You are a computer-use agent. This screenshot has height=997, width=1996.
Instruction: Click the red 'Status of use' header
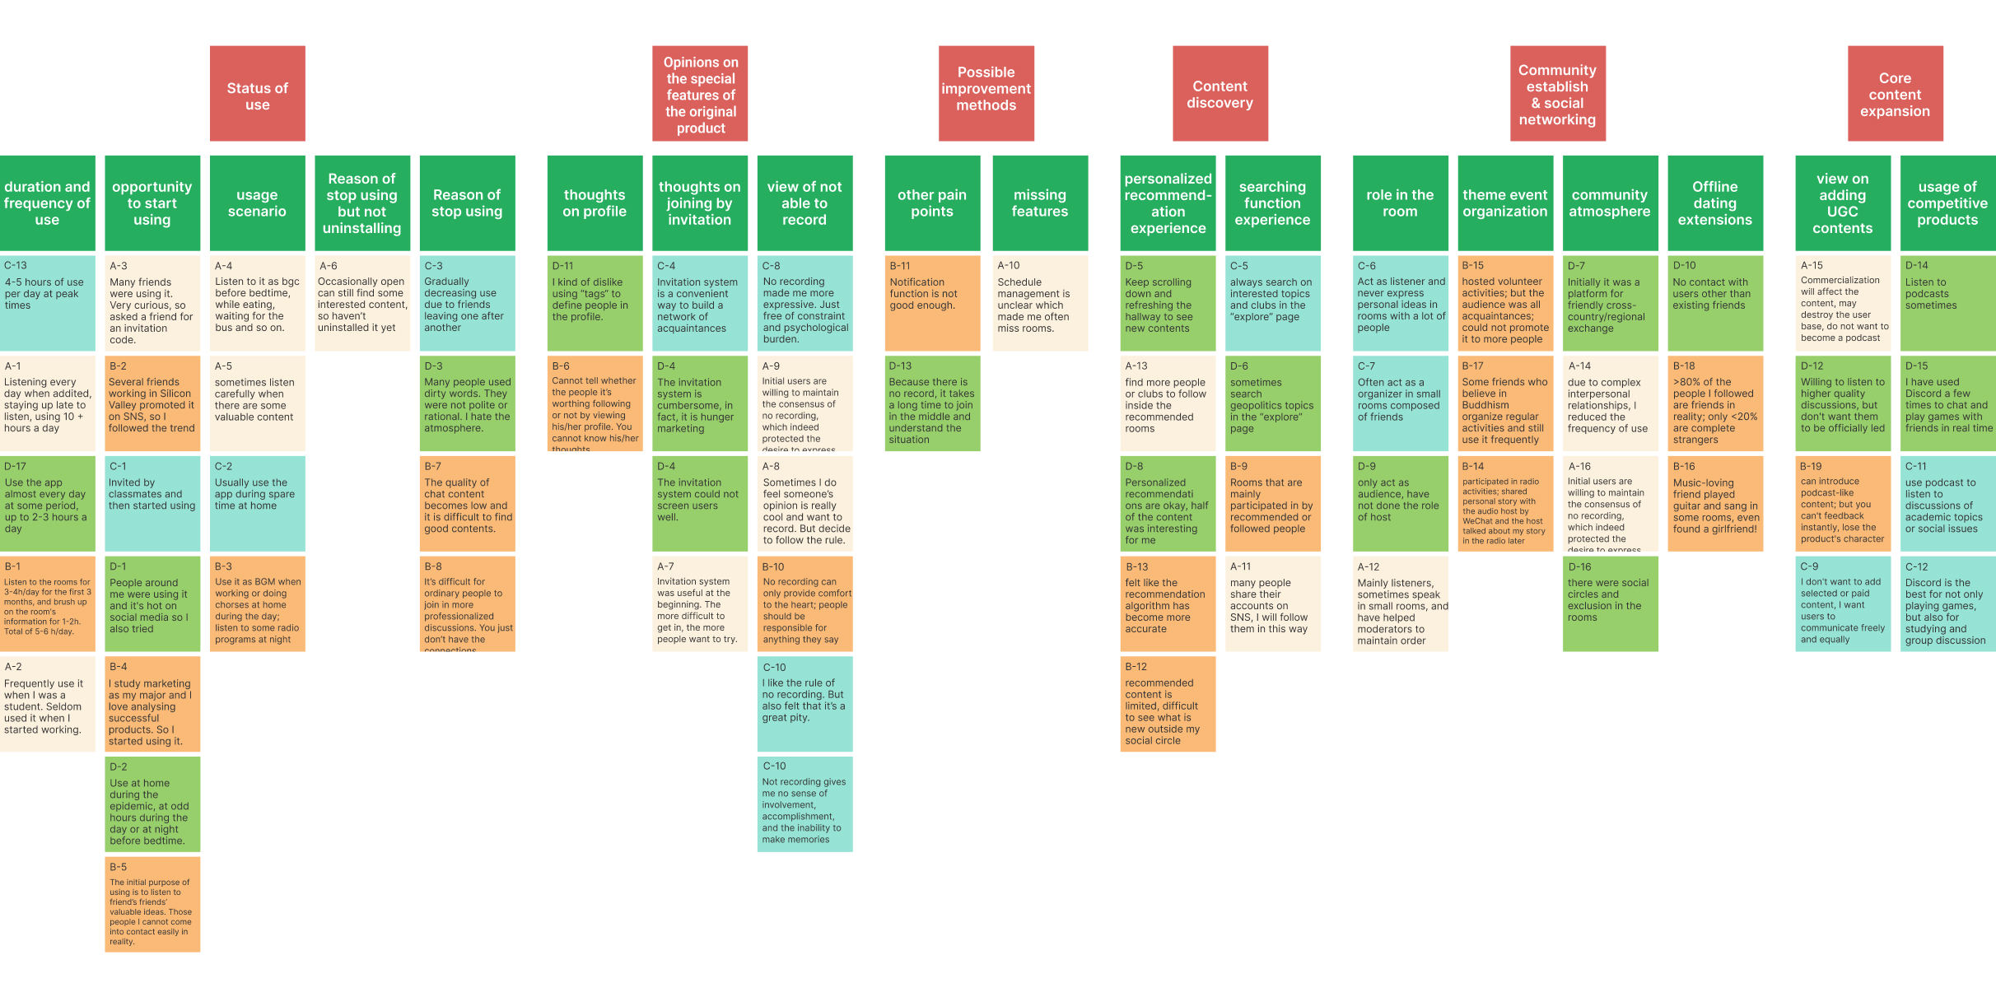pos(257,94)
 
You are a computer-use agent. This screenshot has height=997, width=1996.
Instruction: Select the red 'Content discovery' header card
pos(1220,94)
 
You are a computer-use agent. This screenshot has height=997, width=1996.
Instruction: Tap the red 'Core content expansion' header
pos(1895,94)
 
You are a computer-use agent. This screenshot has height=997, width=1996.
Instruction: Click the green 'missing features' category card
pos(1040,203)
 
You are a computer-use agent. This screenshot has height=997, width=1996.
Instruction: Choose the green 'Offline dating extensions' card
pos(1715,203)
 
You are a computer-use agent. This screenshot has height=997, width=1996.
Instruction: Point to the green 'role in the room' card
pos(1400,203)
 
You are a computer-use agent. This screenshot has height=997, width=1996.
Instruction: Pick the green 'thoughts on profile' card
pos(595,203)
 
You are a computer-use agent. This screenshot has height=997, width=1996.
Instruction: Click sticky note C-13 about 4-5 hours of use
pos(47,303)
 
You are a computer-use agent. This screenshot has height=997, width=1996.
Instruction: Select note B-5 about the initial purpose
pos(152,904)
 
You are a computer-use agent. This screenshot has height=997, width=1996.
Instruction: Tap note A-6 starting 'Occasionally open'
pos(362,303)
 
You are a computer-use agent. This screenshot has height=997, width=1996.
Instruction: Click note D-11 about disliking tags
pos(595,303)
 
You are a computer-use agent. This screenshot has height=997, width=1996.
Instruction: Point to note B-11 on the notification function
pos(932,303)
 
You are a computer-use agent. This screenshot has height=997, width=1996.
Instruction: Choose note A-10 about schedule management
pos(1040,303)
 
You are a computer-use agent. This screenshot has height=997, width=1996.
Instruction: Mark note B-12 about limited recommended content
pos(1168,703)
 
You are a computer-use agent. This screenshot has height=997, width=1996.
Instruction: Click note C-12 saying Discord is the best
pos(1947,603)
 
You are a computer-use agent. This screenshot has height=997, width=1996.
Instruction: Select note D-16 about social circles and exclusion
pos(1610,603)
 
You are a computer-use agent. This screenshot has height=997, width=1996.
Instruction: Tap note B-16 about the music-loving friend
pos(1715,503)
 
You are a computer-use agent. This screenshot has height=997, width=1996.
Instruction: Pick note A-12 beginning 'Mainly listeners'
pos(1400,603)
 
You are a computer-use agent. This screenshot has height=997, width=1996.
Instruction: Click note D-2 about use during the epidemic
pos(152,804)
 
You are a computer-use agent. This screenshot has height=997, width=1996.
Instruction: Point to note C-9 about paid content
pos(1843,603)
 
